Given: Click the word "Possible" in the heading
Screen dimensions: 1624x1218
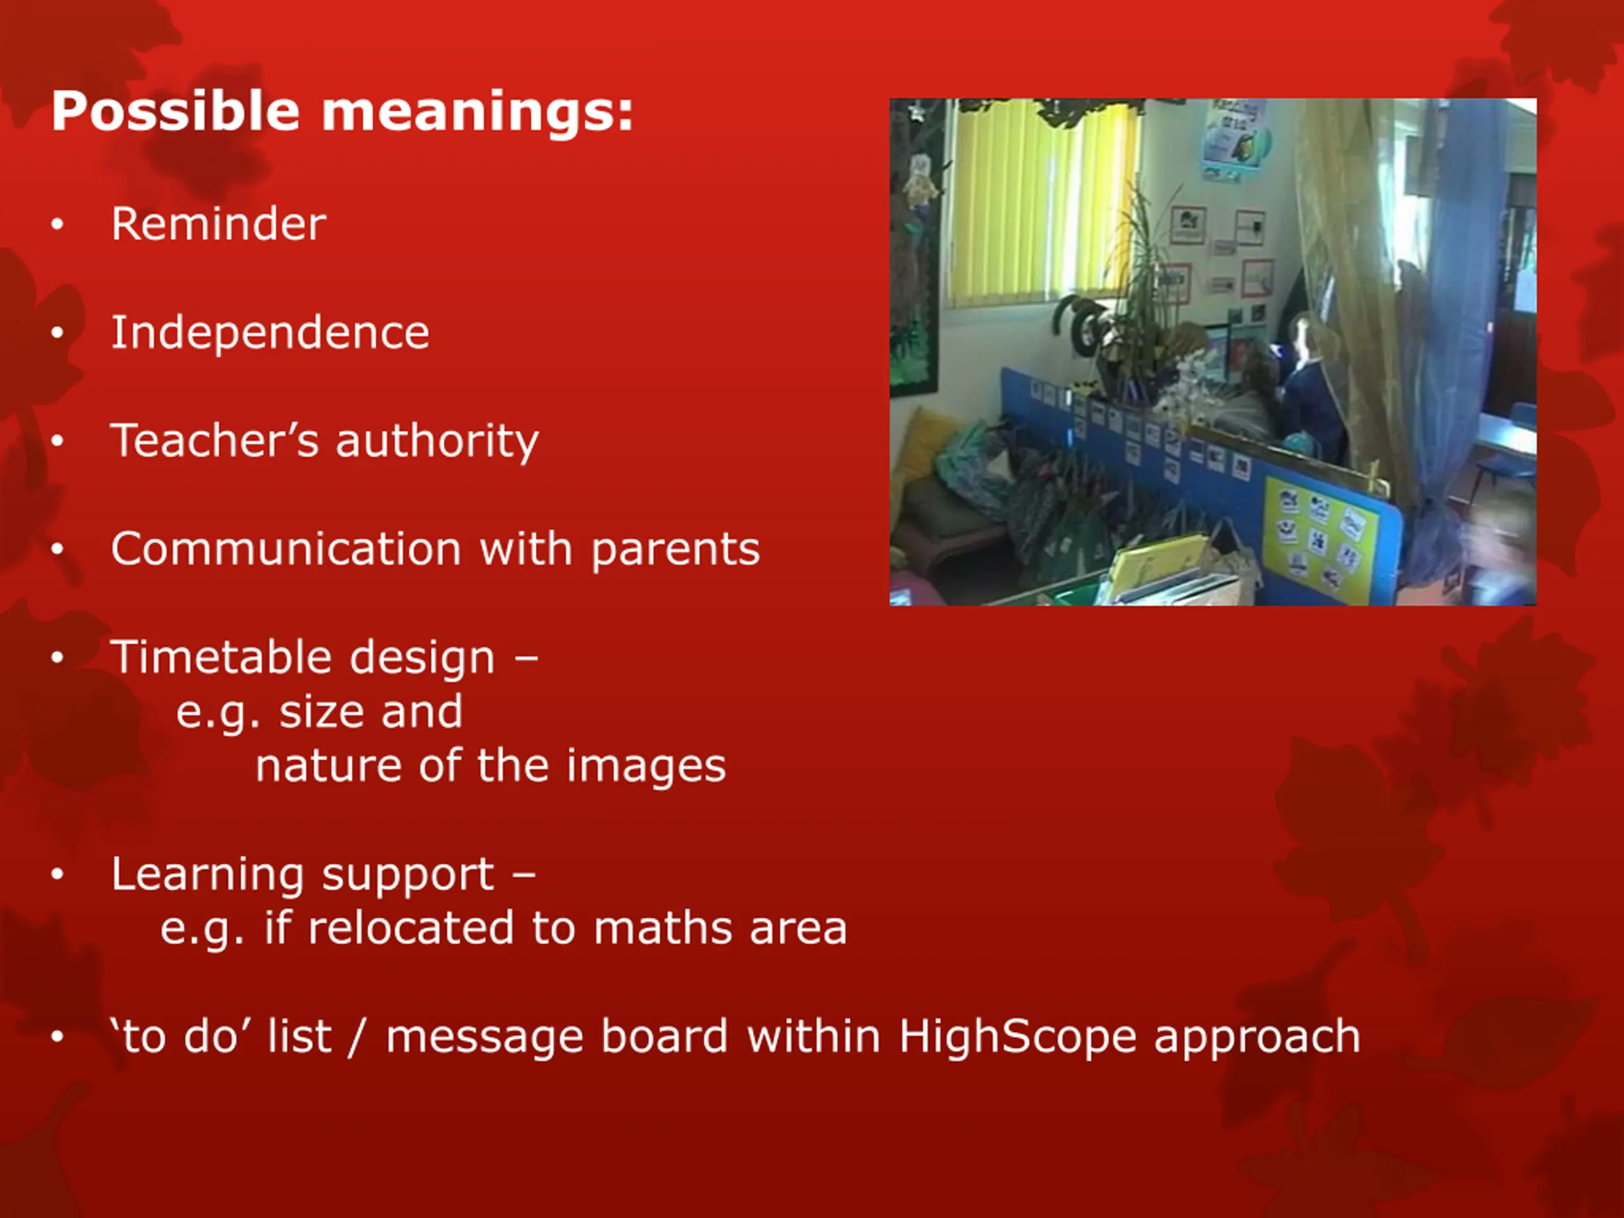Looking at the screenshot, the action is pyautogui.click(x=176, y=113).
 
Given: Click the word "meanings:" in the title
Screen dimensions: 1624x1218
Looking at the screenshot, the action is pyautogui.click(x=478, y=113).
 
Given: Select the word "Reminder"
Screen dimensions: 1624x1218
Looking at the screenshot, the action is pyautogui.click(x=219, y=224).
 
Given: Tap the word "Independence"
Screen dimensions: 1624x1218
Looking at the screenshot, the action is pyautogui.click(x=270, y=333).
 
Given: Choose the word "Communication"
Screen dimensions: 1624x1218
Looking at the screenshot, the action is pyautogui.click(x=286, y=549).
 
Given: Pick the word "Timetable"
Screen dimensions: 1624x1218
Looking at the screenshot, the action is pyautogui.click(x=220, y=657).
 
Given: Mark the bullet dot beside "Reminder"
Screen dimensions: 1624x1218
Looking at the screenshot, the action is pyautogui.click(x=58, y=225).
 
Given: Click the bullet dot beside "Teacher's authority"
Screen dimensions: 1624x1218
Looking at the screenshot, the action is pyautogui.click(x=58, y=442).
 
